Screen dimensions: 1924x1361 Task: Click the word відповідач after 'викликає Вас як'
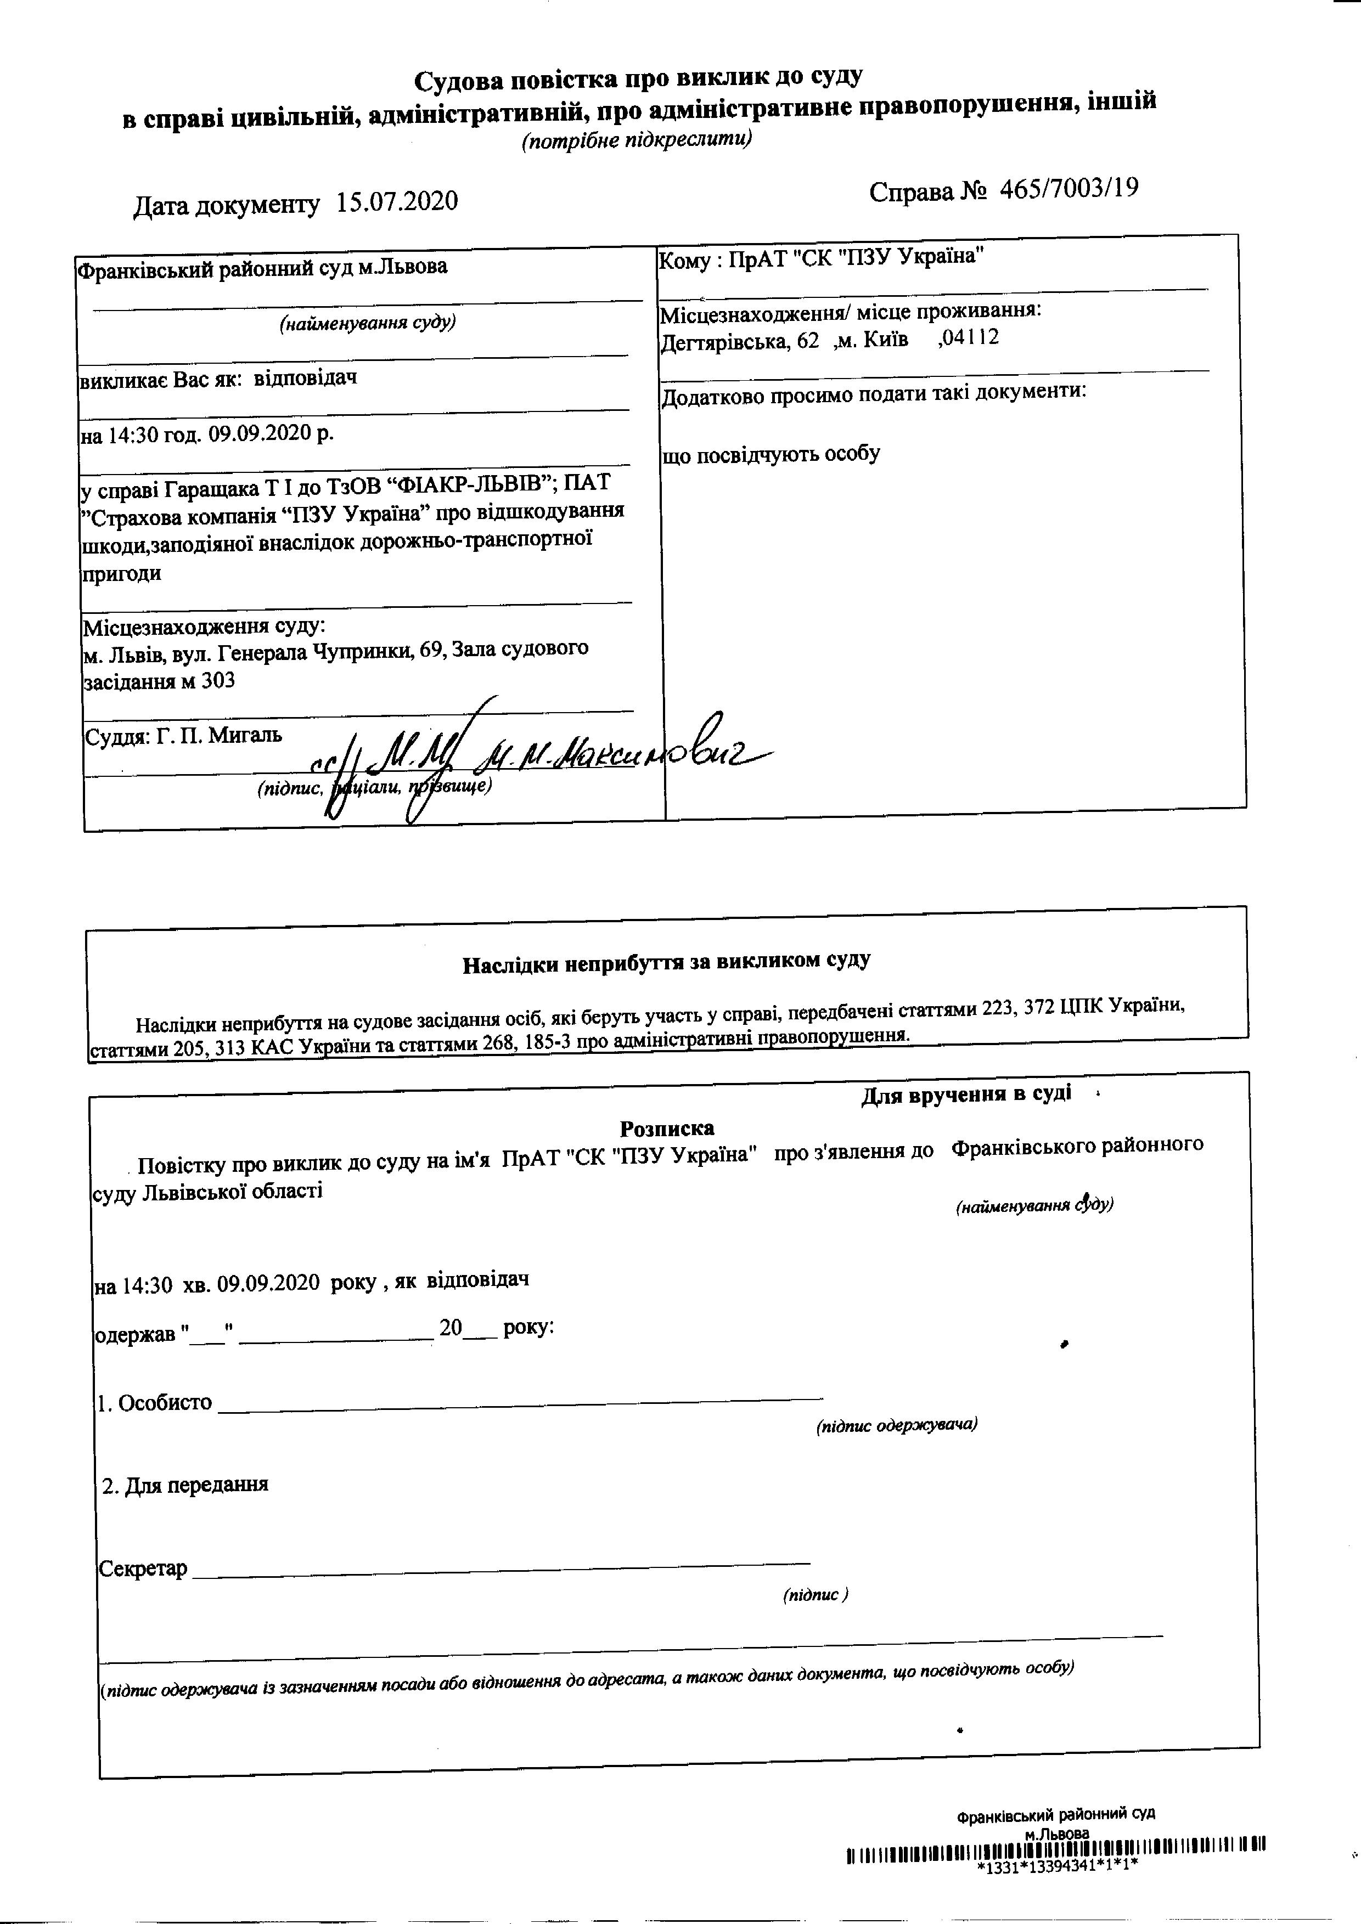pyautogui.click(x=305, y=378)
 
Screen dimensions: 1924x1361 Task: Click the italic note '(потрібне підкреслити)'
pyautogui.click(x=637, y=139)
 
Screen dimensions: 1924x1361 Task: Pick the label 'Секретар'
pyautogui.click(x=143, y=1568)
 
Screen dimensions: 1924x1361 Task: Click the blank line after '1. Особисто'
pyautogui.click(x=520, y=1403)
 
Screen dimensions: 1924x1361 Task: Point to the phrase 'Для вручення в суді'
pyautogui.click(x=965, y=1094)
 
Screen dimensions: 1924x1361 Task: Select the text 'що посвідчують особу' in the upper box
pyautogui.click(x=771, y=454)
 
